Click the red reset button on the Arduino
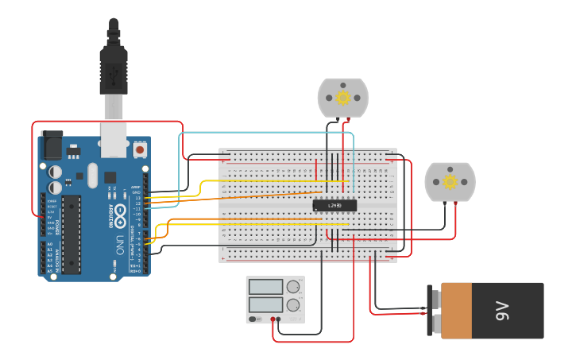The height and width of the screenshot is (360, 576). point(140,149)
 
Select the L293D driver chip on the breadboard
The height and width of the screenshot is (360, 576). point(334,205)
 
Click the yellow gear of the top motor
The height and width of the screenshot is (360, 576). point(343,98)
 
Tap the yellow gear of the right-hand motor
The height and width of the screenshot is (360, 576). point(450,182)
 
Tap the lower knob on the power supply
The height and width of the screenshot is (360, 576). point(293,305)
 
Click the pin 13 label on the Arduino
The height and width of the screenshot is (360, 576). point(137,198)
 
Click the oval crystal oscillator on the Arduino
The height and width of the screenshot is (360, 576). point(92,176)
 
